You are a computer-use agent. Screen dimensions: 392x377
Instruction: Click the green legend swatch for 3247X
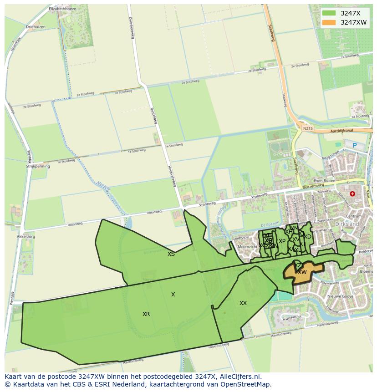click(x=329, y=13)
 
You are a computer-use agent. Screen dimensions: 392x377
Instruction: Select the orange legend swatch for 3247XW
click(x=329, y=22)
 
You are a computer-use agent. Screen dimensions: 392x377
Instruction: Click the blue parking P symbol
click(x=355, y=145)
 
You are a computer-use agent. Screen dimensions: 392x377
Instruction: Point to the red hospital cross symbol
click(x=352, y=193)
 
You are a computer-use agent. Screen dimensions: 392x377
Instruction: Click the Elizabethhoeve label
click(x=64, y=9)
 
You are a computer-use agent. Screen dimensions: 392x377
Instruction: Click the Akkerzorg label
click(x=25, y=237)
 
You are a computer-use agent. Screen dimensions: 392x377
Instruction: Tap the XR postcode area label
click(x=146, y=314)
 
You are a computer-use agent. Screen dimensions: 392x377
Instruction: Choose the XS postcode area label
click(x=171, y=254)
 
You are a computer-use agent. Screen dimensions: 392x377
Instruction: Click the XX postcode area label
click(x=243, y=303)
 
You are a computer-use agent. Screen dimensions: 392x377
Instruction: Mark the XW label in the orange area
click(x=302, y=272)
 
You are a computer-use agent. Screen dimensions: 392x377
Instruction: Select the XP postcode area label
click(x=282, y=241)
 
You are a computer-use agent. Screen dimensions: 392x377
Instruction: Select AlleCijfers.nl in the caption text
click(x=239, y=377)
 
